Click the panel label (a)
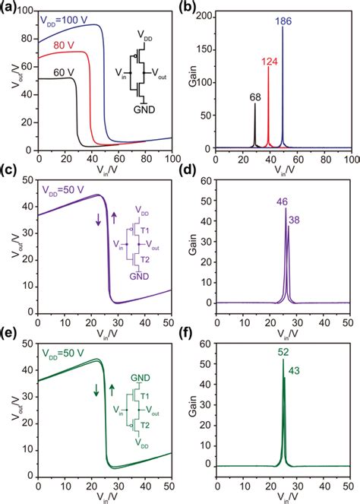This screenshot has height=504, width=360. (x=10, y=7)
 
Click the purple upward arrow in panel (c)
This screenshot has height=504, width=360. (x=114, y=219)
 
